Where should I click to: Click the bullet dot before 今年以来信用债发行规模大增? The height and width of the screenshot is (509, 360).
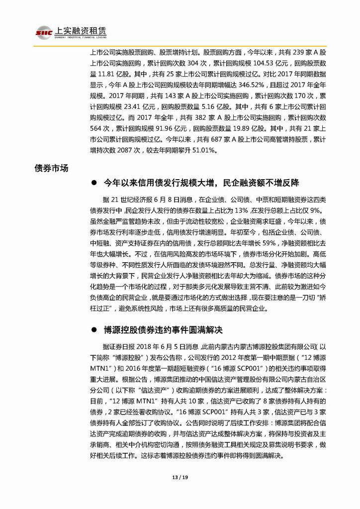point(94,183)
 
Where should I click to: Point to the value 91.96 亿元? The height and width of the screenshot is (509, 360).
point(152,129)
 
